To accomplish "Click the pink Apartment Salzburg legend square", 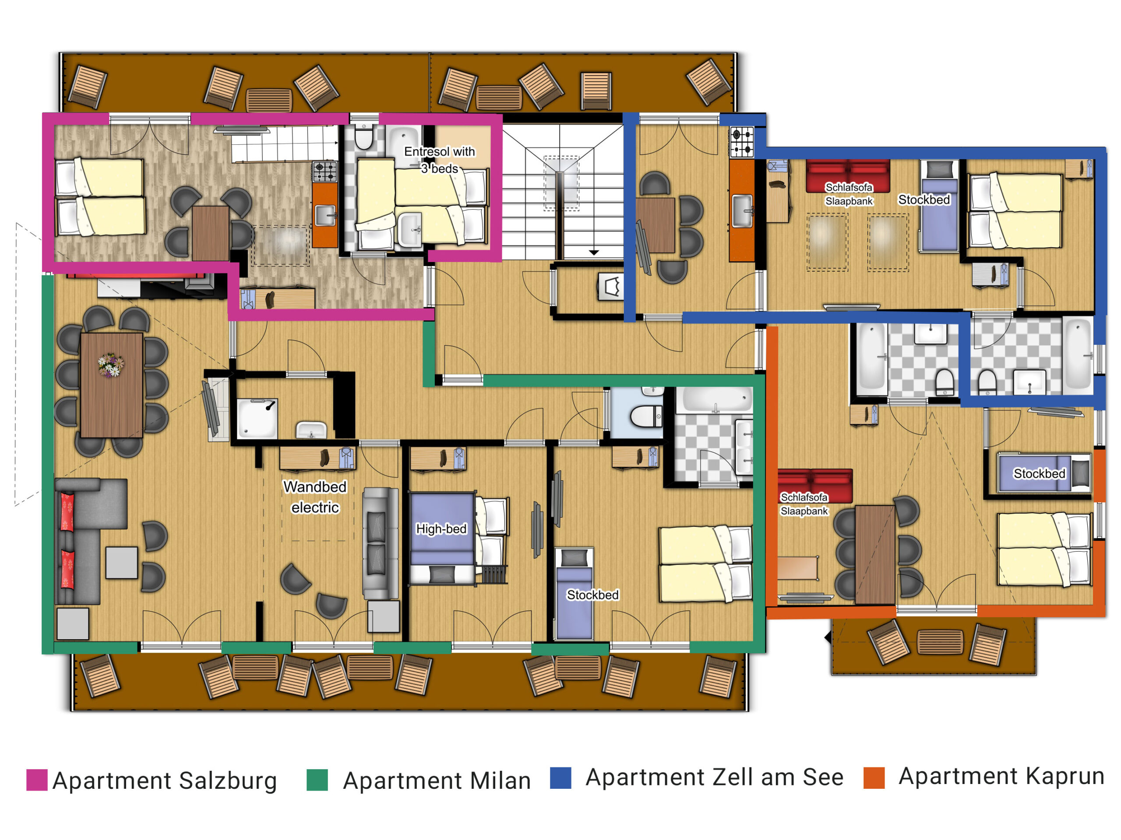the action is click(x=37, y=780).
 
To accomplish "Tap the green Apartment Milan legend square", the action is click(x=317, y=780).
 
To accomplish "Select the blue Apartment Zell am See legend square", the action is click(x=560, y=778).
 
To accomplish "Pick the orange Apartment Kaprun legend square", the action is click(x=874, y=778).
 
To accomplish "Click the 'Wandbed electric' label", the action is click(x=315, y=497).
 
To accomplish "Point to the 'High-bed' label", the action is click(x=441, y=528).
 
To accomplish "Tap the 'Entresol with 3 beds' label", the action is click(x=439, y=160).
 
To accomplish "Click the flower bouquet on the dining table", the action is click(x=110, y=365).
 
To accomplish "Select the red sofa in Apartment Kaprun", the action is click(x=814, y=485).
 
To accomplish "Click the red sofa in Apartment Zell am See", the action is click(x=848, y=176).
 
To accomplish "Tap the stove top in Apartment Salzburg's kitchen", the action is click(x=325, y=171).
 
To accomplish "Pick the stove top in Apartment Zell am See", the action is click(x=741, y=142).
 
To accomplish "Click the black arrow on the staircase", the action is click(x=593, y=252).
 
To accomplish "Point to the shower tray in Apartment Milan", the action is click(x=257, y=418).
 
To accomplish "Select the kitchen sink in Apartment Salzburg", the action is click(x=325, y=215).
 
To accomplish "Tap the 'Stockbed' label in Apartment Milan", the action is click(x=592, y=595).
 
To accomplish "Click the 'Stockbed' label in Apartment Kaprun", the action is click(x=1039, y=473).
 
